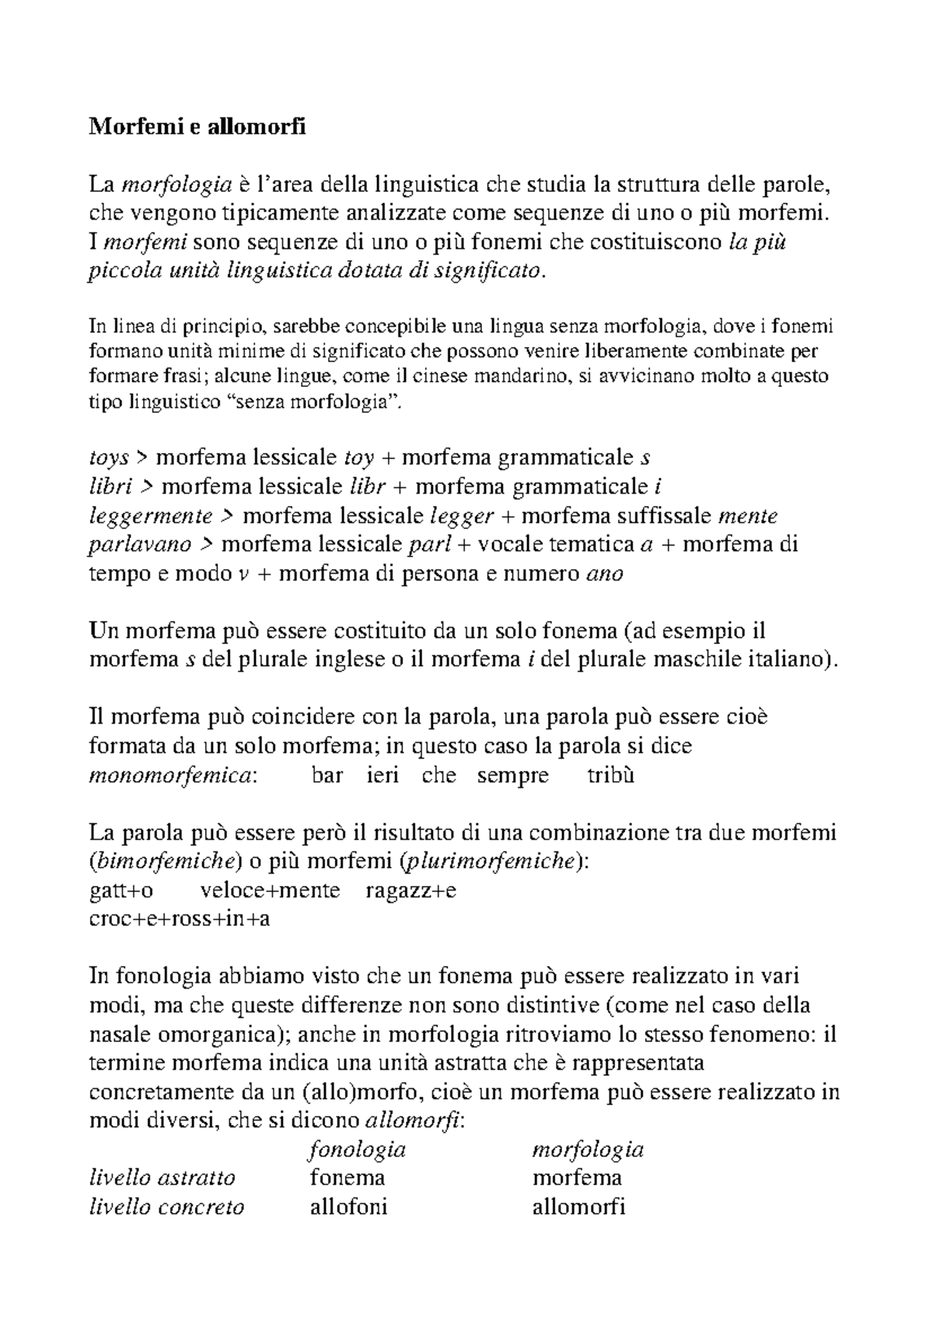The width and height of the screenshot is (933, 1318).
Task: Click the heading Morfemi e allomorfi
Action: click(197, 125)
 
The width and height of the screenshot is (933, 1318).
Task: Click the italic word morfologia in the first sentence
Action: click(178, 185)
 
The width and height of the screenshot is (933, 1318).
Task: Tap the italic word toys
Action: click(109, 457)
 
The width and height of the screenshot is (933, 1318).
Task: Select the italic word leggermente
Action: click(151, 516)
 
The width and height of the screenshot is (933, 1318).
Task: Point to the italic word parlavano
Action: click(140, 545)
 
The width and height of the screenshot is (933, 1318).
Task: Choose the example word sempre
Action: click(512, 776)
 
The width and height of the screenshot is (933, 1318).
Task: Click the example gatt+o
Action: click(121, 890)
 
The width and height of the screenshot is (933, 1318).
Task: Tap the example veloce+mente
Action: click(271, 890)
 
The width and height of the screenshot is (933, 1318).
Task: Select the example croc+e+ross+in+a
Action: click(180, 919)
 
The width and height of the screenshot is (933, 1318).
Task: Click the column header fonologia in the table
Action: click(358, 1149)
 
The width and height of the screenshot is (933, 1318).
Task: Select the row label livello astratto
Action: click(162, 1178)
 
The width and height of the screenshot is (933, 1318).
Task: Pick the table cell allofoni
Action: click(348, 1207)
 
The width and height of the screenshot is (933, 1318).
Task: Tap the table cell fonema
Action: click(348, 1178)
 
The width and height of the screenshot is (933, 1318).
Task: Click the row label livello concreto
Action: click(167, 1207)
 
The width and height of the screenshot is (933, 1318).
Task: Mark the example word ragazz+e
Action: click(411, 890)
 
